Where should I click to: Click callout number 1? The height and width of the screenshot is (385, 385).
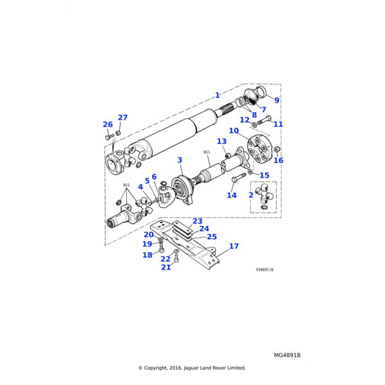pos(218,94)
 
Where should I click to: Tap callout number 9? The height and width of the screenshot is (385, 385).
pos(277,100)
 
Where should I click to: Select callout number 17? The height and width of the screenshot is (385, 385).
pos(234,246)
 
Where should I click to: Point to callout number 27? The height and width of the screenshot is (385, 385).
pos(123,117)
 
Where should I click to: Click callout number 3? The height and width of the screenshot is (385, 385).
pos(180,160)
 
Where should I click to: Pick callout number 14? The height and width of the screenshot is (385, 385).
pos(232,195)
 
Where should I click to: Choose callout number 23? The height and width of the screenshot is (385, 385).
pos(198,221)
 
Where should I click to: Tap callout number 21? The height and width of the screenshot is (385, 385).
pos(166,267)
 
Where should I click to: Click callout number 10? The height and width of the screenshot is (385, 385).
pos(234,131)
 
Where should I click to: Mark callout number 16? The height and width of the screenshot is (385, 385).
pos(278,160)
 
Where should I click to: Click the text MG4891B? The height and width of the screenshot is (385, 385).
pos(287,355)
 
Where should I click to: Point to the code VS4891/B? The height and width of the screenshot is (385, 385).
pos(264,270)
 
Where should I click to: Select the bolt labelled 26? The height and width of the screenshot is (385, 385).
pos(110,136)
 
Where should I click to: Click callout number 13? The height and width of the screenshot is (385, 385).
pos(221,141)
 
